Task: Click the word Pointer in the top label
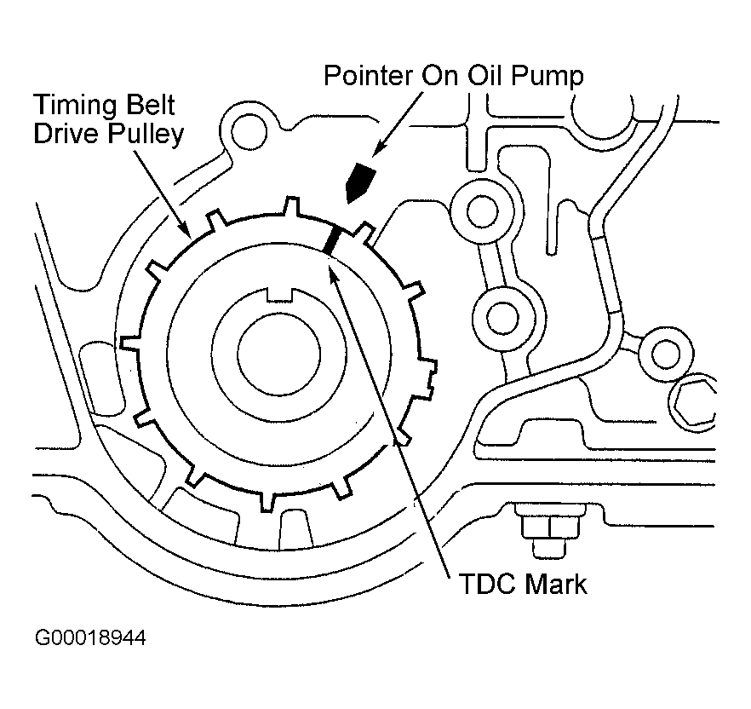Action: pos(368,76)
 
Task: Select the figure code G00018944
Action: pos(90,637)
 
